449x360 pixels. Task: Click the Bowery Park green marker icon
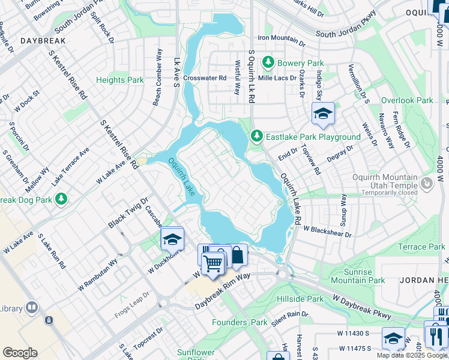268,62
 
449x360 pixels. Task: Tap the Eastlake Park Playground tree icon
257,137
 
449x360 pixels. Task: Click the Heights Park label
120,80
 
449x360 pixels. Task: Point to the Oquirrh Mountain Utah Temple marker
427,182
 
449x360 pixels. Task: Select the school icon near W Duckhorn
172,239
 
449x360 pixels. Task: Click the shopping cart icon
212,262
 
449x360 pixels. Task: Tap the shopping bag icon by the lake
237,254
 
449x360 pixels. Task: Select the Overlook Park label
407,101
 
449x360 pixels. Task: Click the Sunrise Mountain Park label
358,276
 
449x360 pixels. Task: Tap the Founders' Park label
240,322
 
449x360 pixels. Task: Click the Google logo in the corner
20,353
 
